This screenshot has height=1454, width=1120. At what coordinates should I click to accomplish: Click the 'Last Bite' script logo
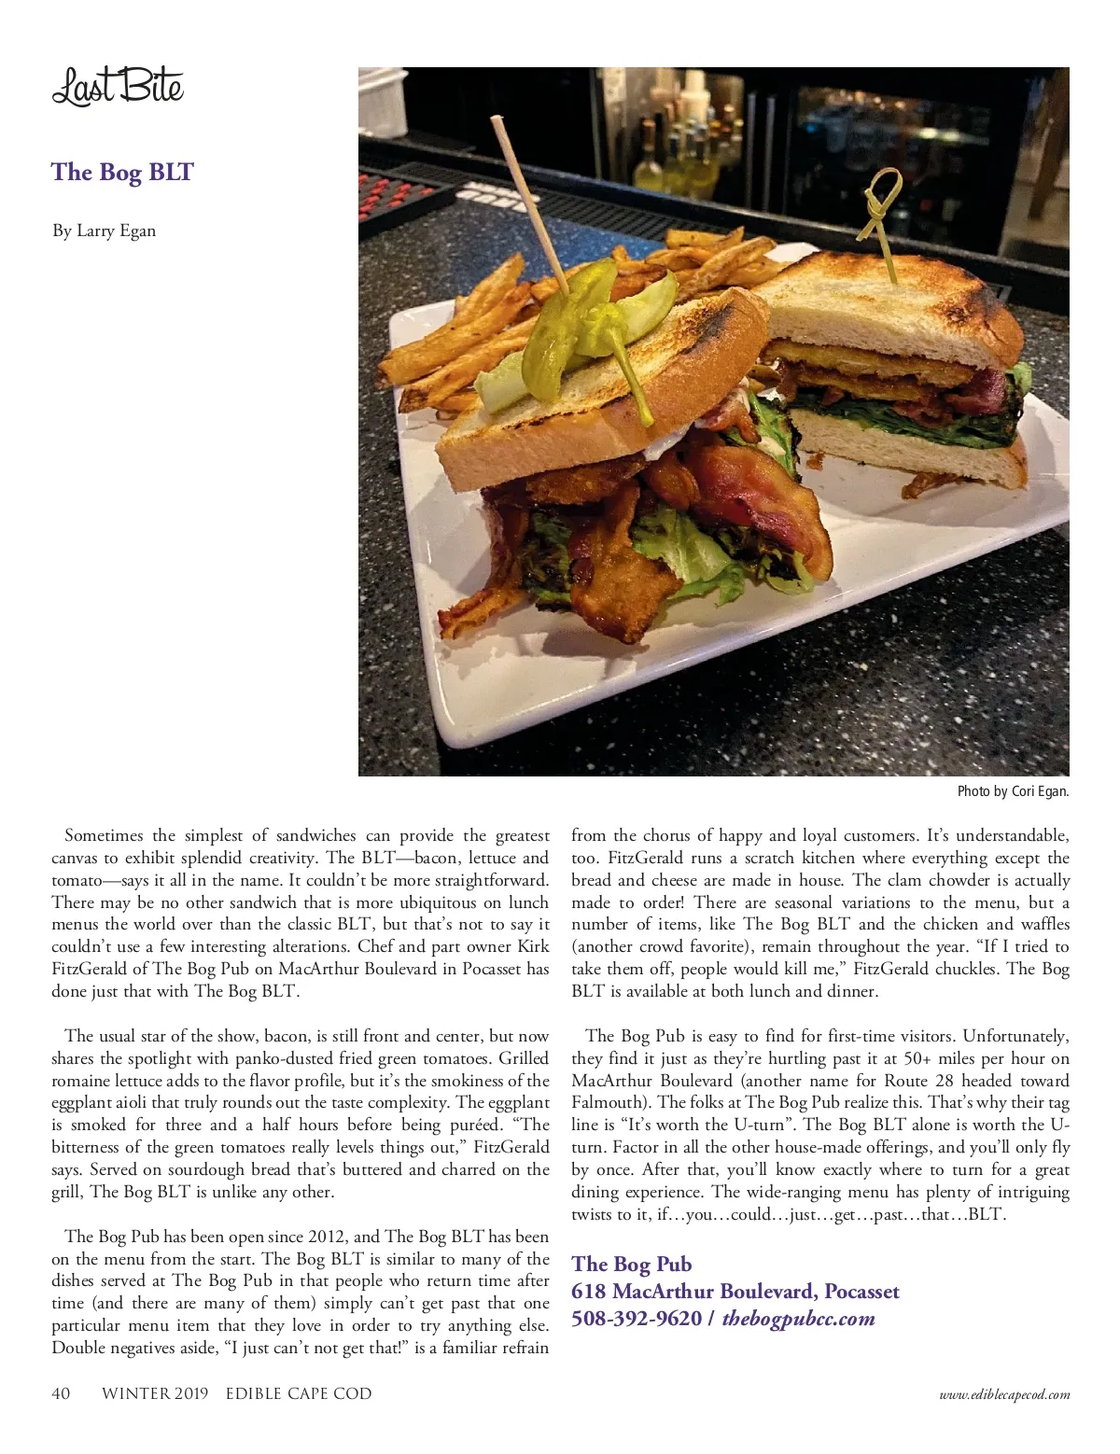tap(118, 87)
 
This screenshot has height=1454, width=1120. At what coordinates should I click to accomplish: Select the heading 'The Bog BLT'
tap(122, 172)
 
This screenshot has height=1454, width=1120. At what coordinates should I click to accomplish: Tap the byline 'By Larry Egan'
tap(104, 231)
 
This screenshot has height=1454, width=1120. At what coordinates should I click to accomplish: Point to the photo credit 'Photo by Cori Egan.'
tap(1013, 791)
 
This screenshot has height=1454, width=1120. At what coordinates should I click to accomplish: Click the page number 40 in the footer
tap(61, 1394)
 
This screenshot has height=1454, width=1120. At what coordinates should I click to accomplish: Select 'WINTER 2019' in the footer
tap(155, 1394)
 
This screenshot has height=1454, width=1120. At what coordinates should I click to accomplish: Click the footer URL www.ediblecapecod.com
tap(1004, 1395)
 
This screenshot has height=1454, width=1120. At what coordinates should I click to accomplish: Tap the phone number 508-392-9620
tap(637, 1319)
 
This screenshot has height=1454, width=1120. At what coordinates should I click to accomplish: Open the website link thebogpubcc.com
tap(798, 1319)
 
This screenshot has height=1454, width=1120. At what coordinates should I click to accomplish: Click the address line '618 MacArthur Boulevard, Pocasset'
tap(735, 1292)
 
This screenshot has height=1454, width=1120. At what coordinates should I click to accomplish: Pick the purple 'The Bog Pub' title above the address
tap(632, 1265)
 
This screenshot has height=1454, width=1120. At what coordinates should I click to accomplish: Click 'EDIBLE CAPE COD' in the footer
tap(299, 1394)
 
